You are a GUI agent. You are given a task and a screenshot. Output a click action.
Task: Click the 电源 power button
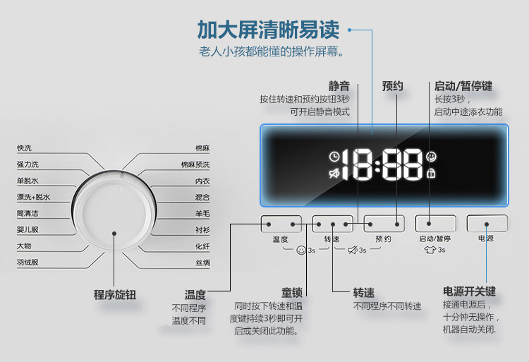[487, 224]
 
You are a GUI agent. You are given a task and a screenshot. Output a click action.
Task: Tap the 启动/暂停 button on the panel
[435, 224]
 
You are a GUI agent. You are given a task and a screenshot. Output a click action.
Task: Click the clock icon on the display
[334, 157]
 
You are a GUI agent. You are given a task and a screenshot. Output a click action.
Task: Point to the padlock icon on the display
[431, 174]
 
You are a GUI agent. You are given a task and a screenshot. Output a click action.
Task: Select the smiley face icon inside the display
[431, 157]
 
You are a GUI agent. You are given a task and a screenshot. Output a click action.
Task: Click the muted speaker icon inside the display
[334, 174]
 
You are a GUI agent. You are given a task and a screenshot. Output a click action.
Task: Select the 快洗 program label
[24, 148]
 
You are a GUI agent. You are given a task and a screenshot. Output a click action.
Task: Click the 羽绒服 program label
[28, 262]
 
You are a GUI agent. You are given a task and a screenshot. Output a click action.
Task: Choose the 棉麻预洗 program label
[195, 164]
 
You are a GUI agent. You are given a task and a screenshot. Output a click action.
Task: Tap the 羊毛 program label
[202, 214]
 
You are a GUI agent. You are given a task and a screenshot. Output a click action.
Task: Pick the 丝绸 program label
[202, 263]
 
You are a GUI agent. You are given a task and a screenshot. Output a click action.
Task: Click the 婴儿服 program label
[28, 230]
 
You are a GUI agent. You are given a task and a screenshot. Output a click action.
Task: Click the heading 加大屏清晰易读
[268, 30]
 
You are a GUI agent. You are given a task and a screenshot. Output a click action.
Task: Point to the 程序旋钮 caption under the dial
[115, 295]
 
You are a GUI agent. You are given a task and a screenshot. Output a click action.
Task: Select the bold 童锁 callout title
[292, 293]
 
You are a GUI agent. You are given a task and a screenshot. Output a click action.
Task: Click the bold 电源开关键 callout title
[469, 291]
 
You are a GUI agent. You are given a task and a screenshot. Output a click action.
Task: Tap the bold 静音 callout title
[339, 86]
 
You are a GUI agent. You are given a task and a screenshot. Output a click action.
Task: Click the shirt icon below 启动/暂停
[430, 250]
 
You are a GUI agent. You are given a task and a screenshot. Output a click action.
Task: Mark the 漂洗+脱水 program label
[33, 197]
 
